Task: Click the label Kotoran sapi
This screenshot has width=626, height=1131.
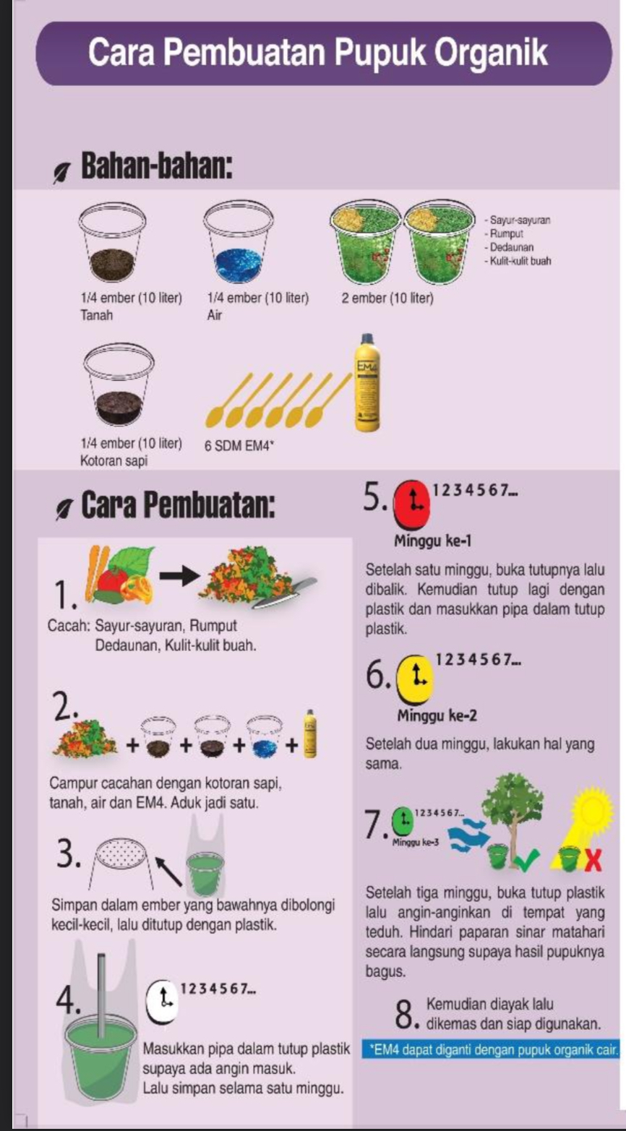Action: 113,460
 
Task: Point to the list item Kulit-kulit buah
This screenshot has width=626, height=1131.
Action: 518,261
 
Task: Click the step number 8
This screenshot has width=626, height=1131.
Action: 406,1014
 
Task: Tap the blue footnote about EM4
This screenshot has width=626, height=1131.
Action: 490,1050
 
